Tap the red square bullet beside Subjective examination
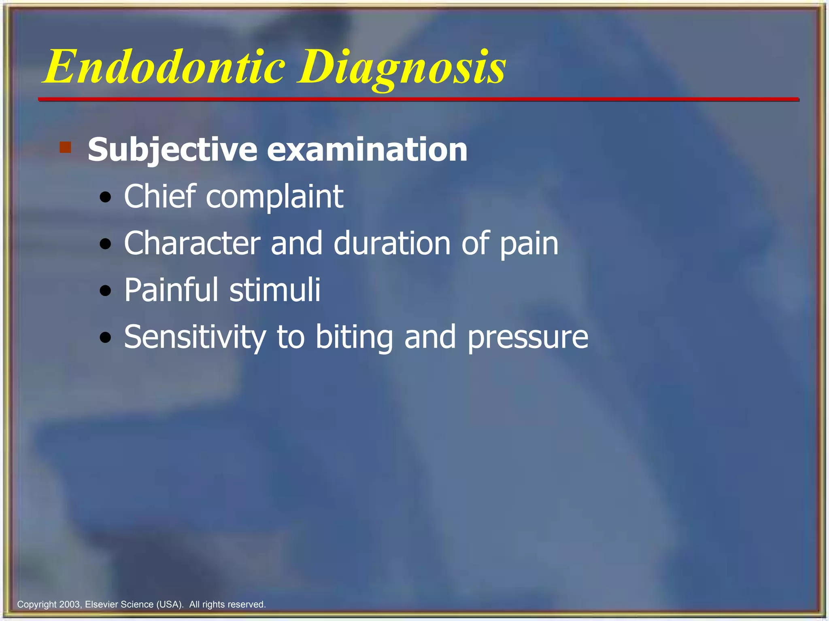click(65, 147)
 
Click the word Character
click(192, 243)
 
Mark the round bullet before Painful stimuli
click(106, 291)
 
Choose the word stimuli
click(275, 290)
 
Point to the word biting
click(354, 338)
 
